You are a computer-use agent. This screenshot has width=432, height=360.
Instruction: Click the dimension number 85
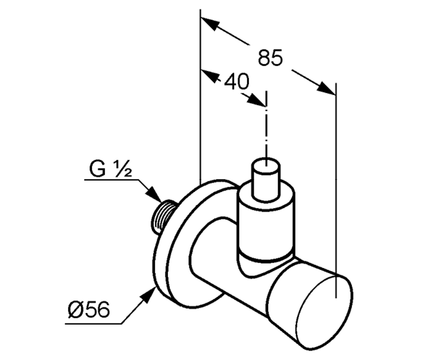(270, 58)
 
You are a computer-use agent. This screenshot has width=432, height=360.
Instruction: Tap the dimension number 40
(237, 81)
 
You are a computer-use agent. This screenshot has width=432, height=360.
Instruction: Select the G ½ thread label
(111, 168)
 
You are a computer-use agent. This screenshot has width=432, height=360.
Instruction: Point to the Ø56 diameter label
(89, 310)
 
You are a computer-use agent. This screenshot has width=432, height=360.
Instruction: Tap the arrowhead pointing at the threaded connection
(154, 194)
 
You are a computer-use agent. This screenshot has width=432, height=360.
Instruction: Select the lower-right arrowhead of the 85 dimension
(326, 88)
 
